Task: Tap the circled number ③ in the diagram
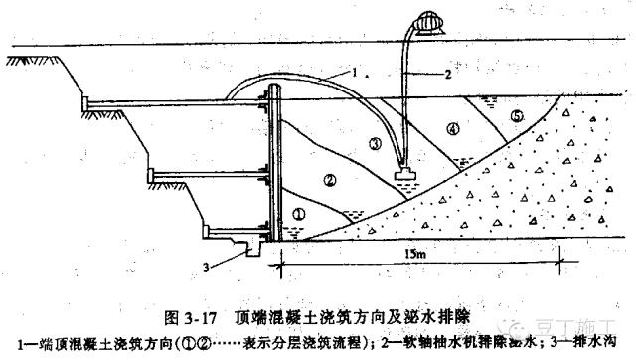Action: [374, 143]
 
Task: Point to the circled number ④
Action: [453, 128]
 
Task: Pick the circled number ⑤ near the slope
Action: [516, 116]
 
